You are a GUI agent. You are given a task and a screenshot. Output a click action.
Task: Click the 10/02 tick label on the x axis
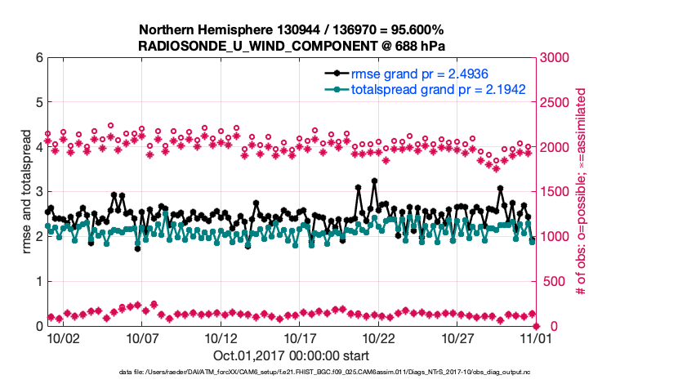pyautogui.click(x=63, y=337)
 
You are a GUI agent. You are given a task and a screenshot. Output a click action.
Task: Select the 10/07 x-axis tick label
pyautogui.click(x=142, y=337)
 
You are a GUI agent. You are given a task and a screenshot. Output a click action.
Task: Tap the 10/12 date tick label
pyautogui.click(x=221, y=337)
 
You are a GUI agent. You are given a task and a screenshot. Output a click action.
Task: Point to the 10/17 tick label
pyautogui.click(x=300, y=337)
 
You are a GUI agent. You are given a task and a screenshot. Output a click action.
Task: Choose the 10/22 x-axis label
pyautogui.click(x=379, y=337)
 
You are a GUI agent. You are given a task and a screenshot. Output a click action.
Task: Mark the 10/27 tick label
pyautogui.click(x=458, y=337)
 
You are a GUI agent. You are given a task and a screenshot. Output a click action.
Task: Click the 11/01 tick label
pyautogui.click(x=536, y=337)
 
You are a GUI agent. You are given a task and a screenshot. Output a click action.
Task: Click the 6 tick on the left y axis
pyautogui.click(x=38, y=58)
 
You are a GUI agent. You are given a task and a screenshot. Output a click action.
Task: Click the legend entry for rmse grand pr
pyautogui.click(x=431, y=74)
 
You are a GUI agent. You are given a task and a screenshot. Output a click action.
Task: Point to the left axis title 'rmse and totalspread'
pyautogui.click(x=25, y=192)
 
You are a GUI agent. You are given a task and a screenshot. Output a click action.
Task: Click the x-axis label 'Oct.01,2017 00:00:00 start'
pyautogui.click(x=291, y=355)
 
